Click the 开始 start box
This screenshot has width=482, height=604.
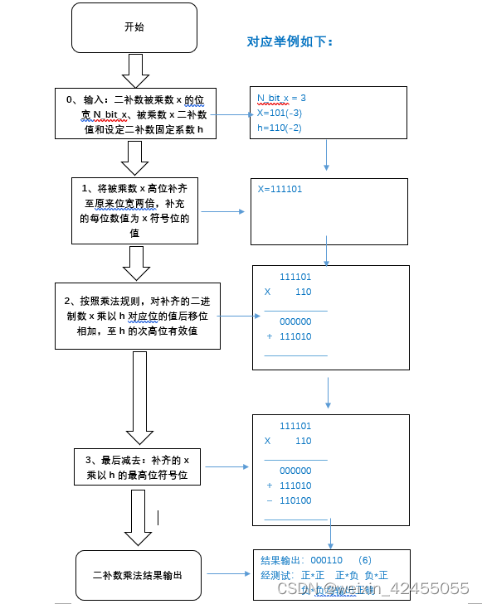134,27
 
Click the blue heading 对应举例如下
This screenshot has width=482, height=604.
290,41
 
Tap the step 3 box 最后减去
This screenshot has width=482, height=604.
137,467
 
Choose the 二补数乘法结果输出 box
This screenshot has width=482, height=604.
137,574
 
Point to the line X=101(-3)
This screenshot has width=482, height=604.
279,112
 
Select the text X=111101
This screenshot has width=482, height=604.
280,189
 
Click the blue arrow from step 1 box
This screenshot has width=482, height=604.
223,211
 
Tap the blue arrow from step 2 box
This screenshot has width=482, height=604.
236,316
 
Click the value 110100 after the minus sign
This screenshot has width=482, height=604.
295,500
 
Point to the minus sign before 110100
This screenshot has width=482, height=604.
270,500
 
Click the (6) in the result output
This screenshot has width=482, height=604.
366,560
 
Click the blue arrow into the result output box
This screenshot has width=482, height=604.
228,573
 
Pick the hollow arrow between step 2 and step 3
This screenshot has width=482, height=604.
139,398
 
